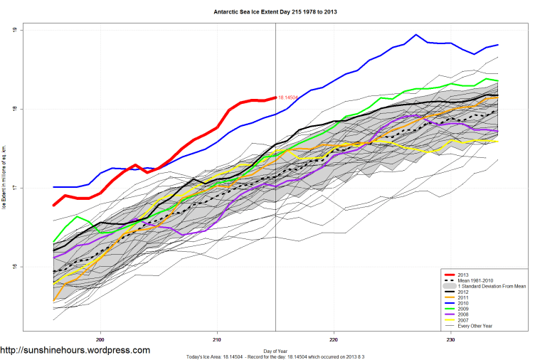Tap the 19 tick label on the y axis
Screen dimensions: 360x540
pos(14,31)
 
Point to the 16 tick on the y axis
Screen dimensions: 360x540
pos(14,268)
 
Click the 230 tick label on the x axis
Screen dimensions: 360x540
pos(450,341)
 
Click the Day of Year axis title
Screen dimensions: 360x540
pos(275,350)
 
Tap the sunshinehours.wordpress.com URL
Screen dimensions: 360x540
pos(75,350)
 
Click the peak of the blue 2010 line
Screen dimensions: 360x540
pos(416,34)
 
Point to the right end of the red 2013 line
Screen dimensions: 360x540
pos(275,97)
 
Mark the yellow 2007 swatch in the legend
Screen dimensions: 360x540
pos(450,322)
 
